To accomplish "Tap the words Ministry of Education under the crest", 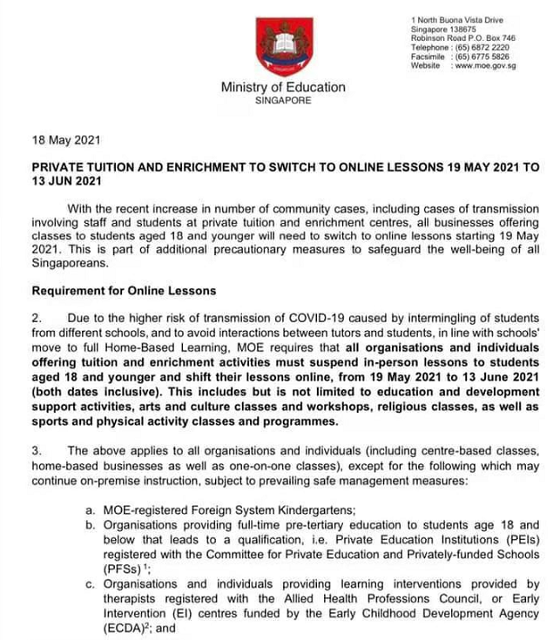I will pos(283,87).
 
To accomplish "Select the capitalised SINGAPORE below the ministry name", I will pos(283,101).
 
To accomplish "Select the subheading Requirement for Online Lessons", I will pos(123,291).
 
